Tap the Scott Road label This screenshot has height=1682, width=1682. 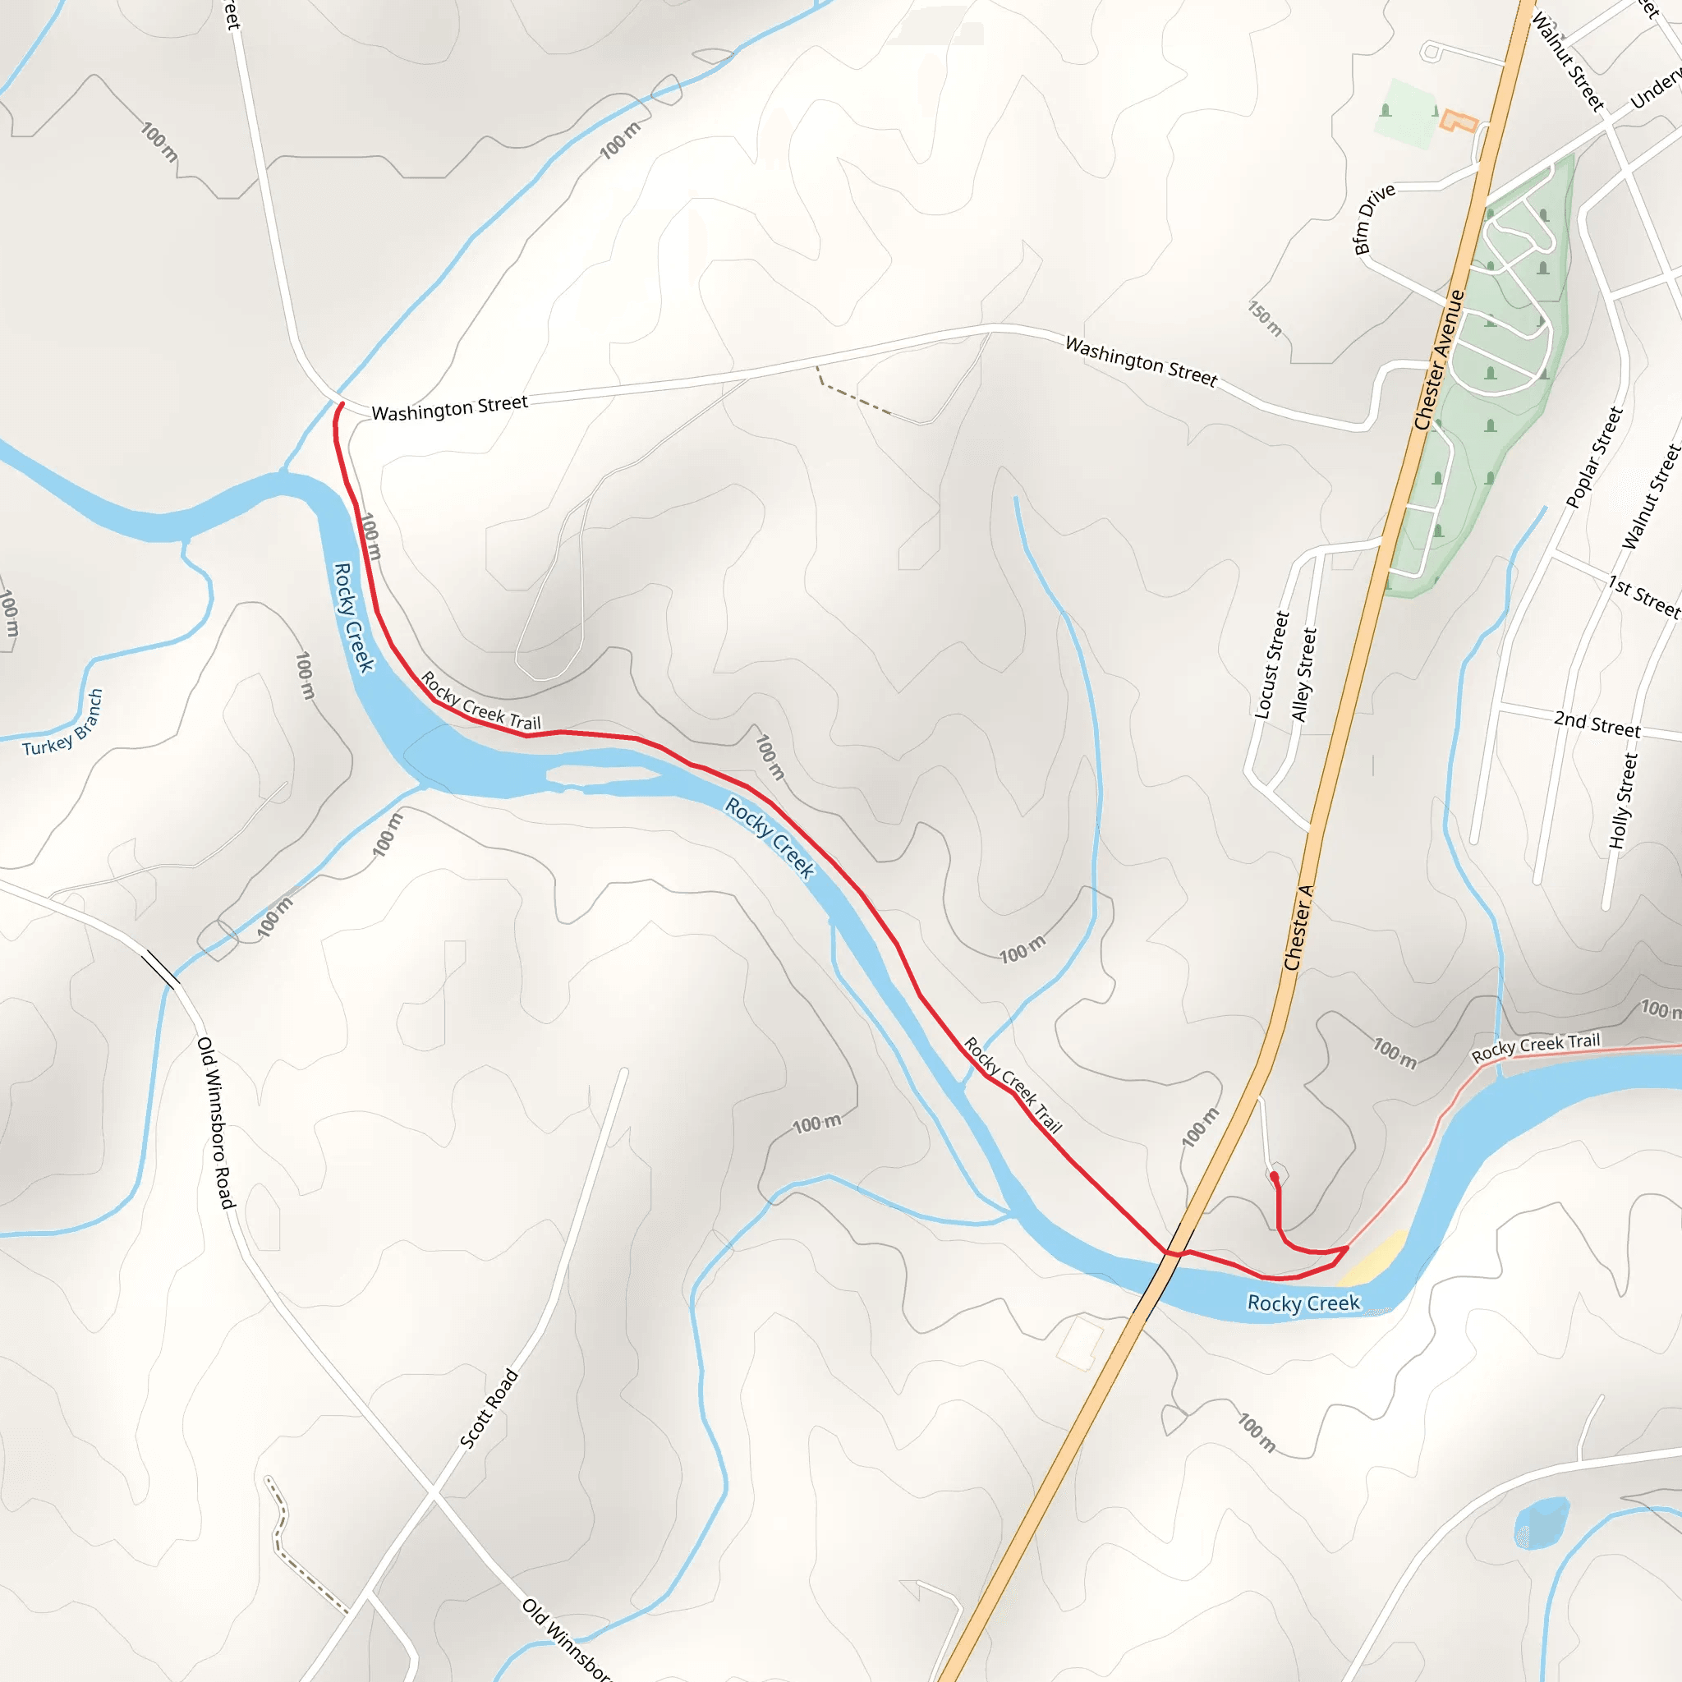[x=489, y=1409]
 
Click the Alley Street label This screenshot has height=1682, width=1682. [x=1303, y=675]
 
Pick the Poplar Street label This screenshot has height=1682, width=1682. [x=1594, y=457]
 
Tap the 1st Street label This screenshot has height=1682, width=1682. [x=1643, y=596]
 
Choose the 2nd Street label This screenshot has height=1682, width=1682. [x=1597, y=724]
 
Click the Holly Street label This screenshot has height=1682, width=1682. [x=1623, y=801]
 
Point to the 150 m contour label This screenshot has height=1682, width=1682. [x=1265, y=319]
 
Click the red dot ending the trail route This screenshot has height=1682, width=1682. [x=1274, y=1176]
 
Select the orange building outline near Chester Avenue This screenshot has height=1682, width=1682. [x=1459, y=121]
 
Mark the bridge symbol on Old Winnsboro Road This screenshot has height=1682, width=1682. [x=161, y=969]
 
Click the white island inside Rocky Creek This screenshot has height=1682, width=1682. [x=600, y=774]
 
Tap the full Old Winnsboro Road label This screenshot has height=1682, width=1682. [x=216, y=1122]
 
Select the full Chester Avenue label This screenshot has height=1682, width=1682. [x=1439, y=361]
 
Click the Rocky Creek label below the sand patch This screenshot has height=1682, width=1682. [x=1303, y=1303]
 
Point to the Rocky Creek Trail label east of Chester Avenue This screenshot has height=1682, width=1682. [x=1536, y=1047]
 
